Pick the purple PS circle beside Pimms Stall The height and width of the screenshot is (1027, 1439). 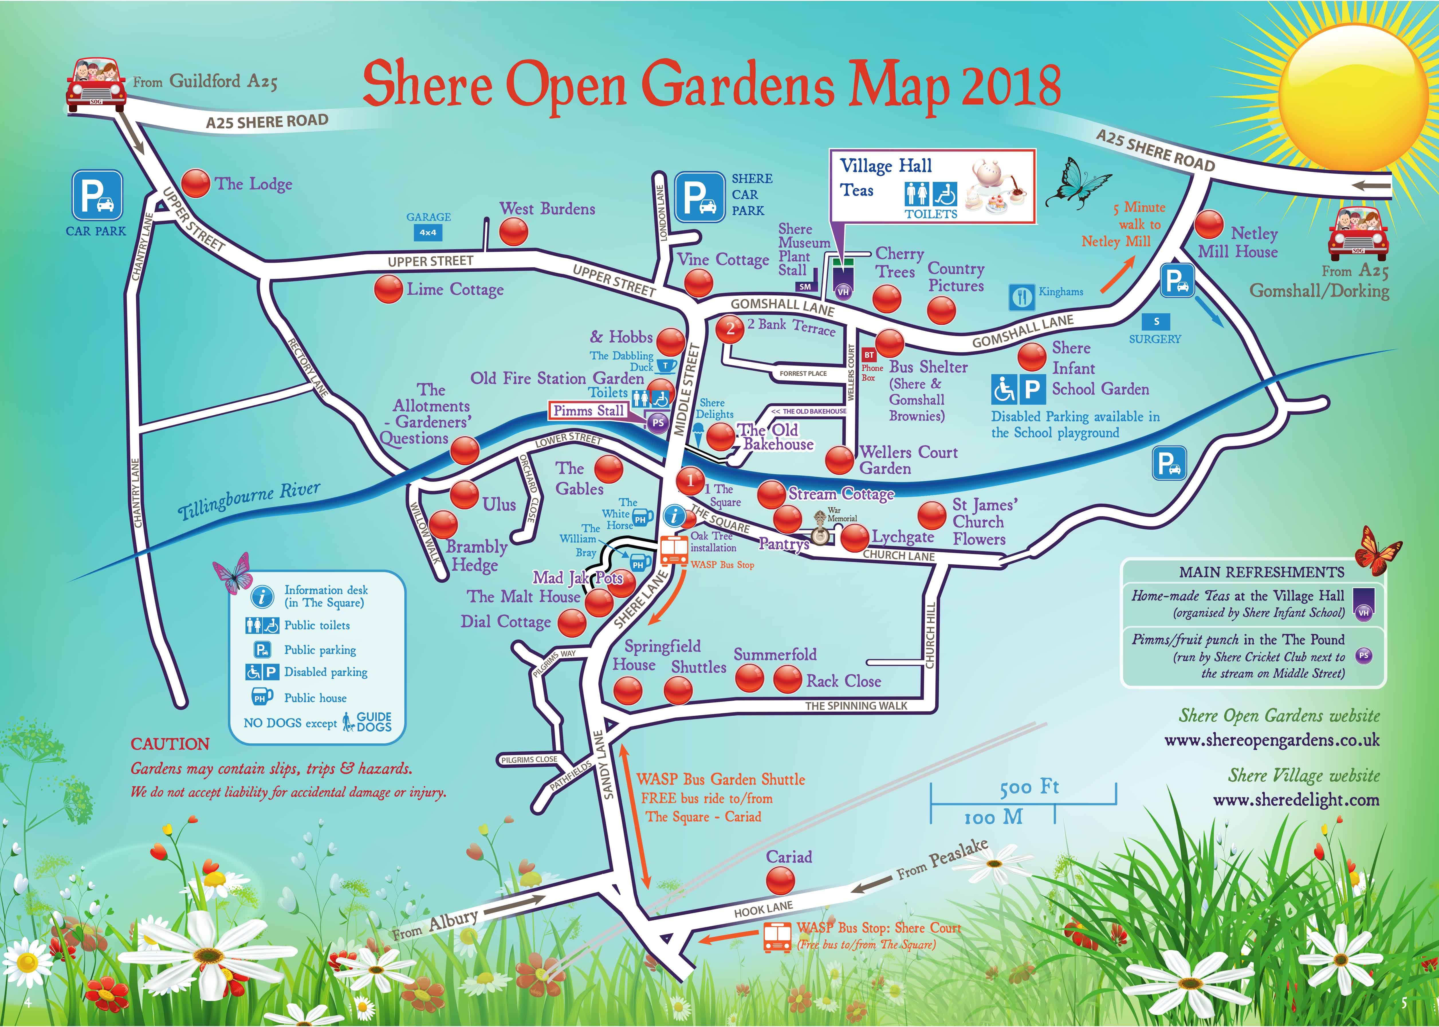658,423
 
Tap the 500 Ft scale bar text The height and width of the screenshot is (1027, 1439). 1029,787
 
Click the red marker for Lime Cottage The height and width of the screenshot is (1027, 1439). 388,290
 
